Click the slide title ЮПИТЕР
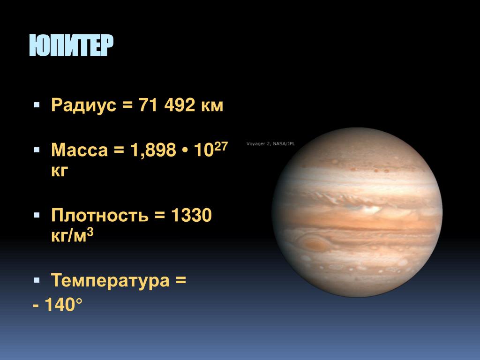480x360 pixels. (x=71, y=45)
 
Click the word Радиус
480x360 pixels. (x=84, y=105)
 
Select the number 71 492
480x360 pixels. (x=166, y=105)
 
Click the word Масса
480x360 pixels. (x=80, y=150)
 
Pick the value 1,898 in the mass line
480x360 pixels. (x=153, y=150)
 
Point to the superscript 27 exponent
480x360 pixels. (x=221, y=147)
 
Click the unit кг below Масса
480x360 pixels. (x=60, y=171)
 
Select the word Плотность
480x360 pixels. (x=100, y=215)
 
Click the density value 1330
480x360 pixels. (x=191, y=215)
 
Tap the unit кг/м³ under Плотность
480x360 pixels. (x=72, y=235)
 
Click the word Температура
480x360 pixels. (x=110, y=280)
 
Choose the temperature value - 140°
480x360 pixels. (x=58, y=304)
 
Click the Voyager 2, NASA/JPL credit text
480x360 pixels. (x=270, y=143)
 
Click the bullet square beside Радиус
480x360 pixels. (x=37, y=105)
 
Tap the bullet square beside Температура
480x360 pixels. (x=37, y=280)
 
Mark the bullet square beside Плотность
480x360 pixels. (x=37, y=215)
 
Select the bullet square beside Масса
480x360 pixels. (x=37, y=150)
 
